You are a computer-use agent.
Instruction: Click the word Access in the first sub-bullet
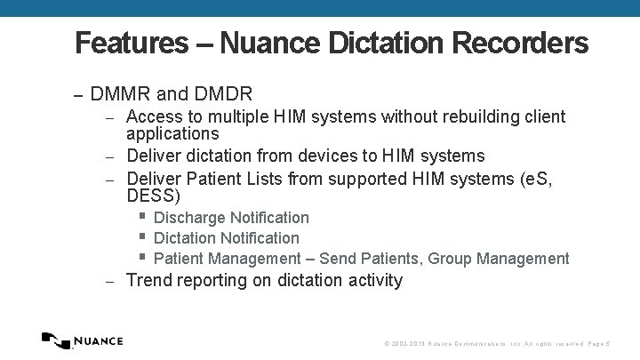tap(154, 117)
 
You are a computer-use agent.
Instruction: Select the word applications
tap(172, 134)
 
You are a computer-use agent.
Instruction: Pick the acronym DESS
tap(153, 196)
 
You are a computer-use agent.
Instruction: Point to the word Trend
tap(149, 281)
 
